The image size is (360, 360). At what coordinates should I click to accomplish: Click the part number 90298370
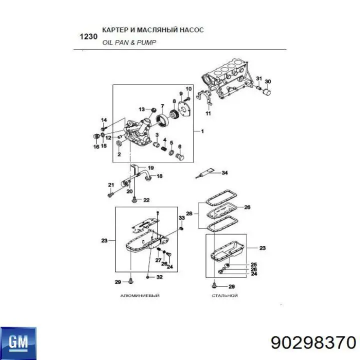click(313, 343)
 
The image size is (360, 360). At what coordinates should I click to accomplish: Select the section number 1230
click(88, 36)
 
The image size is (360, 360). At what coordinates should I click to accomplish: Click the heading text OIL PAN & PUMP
click(129, 42)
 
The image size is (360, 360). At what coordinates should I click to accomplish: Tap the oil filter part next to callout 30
click(267, 91)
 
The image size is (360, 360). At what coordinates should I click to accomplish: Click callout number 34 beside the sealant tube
click(224, 172)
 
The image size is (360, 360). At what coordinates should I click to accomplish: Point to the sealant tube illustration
click(205, 173)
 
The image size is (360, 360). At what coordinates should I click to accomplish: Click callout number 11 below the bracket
click(208, 113)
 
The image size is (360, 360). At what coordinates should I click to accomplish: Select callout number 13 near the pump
click(141, 109)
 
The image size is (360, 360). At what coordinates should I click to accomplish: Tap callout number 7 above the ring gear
click(162, 106)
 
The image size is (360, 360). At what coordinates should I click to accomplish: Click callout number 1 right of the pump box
click(202, 131)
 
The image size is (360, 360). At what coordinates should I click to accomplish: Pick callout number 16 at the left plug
click(96, 146)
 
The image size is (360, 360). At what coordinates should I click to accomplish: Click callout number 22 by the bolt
click(146, 200)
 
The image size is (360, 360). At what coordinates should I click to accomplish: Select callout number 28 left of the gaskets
click(189, 213)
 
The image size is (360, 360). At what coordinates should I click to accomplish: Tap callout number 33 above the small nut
click(181, 217)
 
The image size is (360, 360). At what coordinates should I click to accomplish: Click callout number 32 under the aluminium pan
click(159, 277)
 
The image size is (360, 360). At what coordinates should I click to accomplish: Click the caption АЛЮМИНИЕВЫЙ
click(140, 295)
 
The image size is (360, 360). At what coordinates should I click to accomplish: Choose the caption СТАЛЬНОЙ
click(224, 295)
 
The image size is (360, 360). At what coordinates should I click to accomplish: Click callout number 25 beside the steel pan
click(253, 264)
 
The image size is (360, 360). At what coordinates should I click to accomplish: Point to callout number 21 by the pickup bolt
click(111, 185)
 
